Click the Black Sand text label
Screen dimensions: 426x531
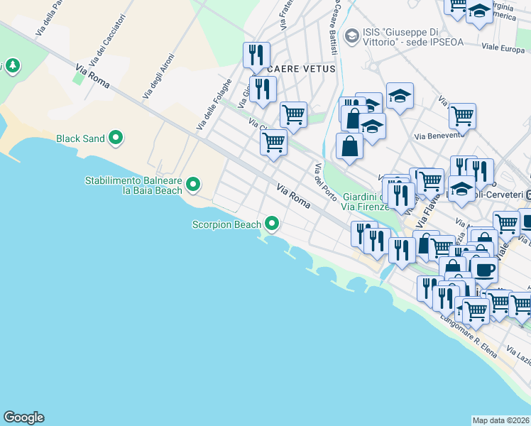(80, 138)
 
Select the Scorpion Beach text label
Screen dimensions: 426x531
(226, 225)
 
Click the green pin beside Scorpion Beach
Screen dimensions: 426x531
(271, 225)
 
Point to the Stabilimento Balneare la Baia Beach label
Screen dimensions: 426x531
(133, 185)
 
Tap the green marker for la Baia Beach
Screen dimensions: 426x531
(193, 186)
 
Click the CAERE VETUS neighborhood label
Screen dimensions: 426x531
(297, 68)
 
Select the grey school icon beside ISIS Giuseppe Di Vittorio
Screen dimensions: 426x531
(351, 35)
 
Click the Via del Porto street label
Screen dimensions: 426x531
(325, 182)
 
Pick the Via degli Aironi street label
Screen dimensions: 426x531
(157, 77)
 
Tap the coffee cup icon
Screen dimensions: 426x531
(484, 271)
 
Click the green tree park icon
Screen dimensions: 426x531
(12, 66)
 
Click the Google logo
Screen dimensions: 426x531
(23, 417)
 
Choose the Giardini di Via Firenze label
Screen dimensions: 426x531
(366, 202)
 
